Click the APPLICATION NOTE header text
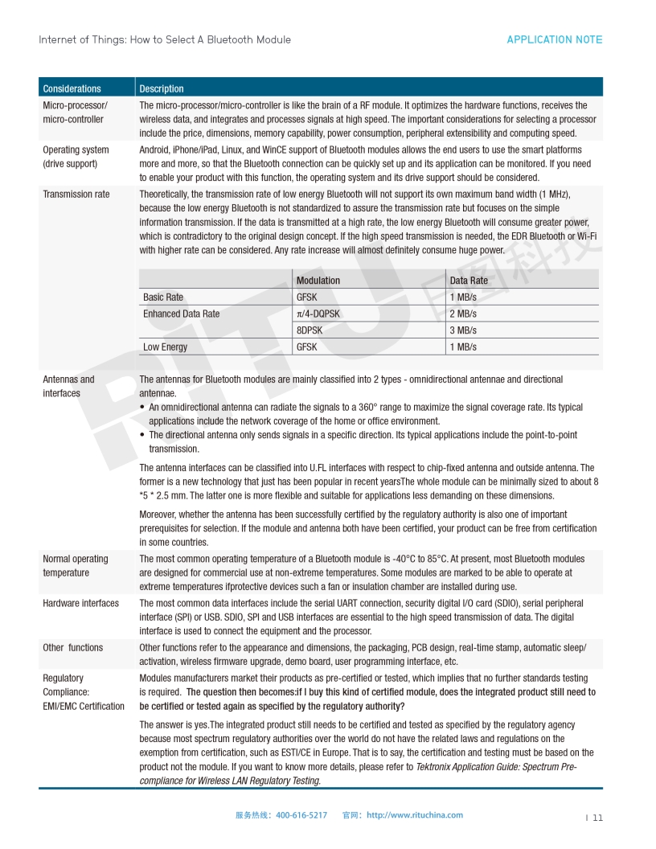coord(554,39)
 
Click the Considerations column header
coord(72,88)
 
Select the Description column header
coord(162,88)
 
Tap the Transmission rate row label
coord(76,194)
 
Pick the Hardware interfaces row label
coord(80,603)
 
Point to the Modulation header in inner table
coord(318,281)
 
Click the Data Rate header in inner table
coord(469,281)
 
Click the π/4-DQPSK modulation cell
coord(318,314)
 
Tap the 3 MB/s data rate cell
coord(463,330)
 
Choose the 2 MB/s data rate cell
coord(463,314)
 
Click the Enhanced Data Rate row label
coord(181,314)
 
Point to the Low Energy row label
coord(165,347)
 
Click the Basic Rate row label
coord(163,297)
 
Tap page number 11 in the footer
coord(597,818)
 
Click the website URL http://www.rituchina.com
coord(415,814)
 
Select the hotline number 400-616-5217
coord(301,814)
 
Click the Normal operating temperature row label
coord(76,565)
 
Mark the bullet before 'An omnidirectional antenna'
coord(142,408)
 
